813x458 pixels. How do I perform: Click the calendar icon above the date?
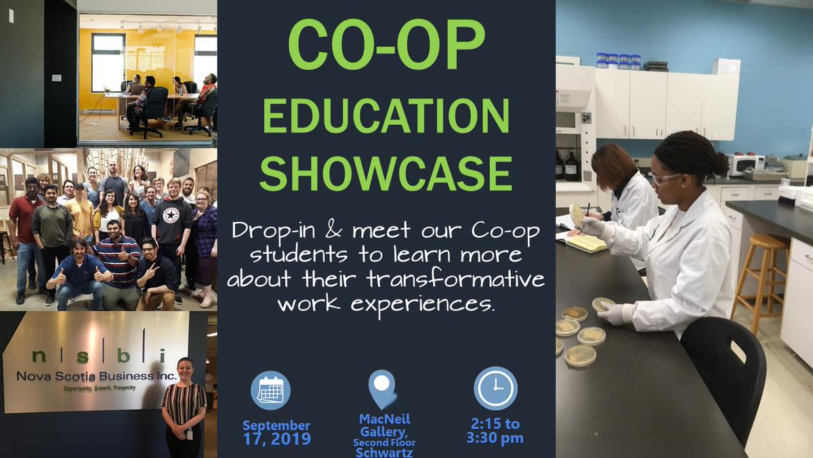(x=270, y=390)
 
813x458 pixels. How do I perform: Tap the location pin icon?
(x=382, y=389)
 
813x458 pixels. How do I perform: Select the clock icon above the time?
(x=495, y=388)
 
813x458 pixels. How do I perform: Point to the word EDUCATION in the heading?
(x=386, y=117)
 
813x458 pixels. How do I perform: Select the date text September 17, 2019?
(x=276, y=432)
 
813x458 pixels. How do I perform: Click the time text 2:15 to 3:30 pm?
(x=495, y=431)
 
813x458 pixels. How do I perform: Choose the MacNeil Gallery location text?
(x=383, y=426)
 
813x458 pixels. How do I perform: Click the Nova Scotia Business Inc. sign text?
(x=98, y=375)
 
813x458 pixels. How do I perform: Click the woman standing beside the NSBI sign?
(x=183, y=407)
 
